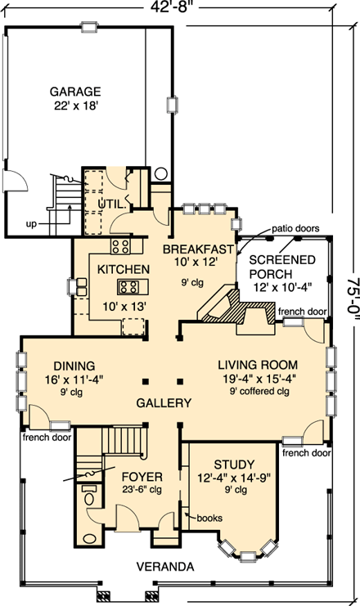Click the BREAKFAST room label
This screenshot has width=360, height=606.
click(199, 248)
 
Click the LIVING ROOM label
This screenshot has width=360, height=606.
click(258, 364)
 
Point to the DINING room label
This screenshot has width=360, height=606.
click(75, 365)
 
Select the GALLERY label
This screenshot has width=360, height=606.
click(164, 403)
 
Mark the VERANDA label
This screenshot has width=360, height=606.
click(166, 566)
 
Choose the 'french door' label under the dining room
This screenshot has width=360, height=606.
click(46, 436)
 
